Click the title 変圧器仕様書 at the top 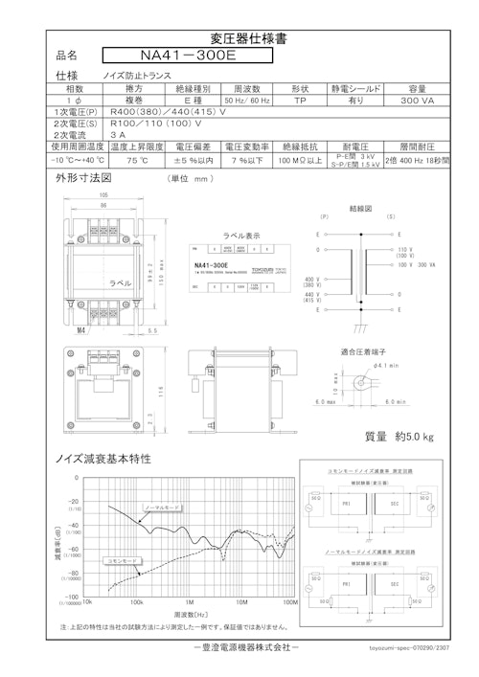click(239, 39)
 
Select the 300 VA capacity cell click(417, 100)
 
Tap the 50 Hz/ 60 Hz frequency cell click(248, 100)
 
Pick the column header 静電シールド click(354, 87)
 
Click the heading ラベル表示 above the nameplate click(240, 234)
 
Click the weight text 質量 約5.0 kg click(399, 437)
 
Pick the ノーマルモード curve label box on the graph click(162, 505)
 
